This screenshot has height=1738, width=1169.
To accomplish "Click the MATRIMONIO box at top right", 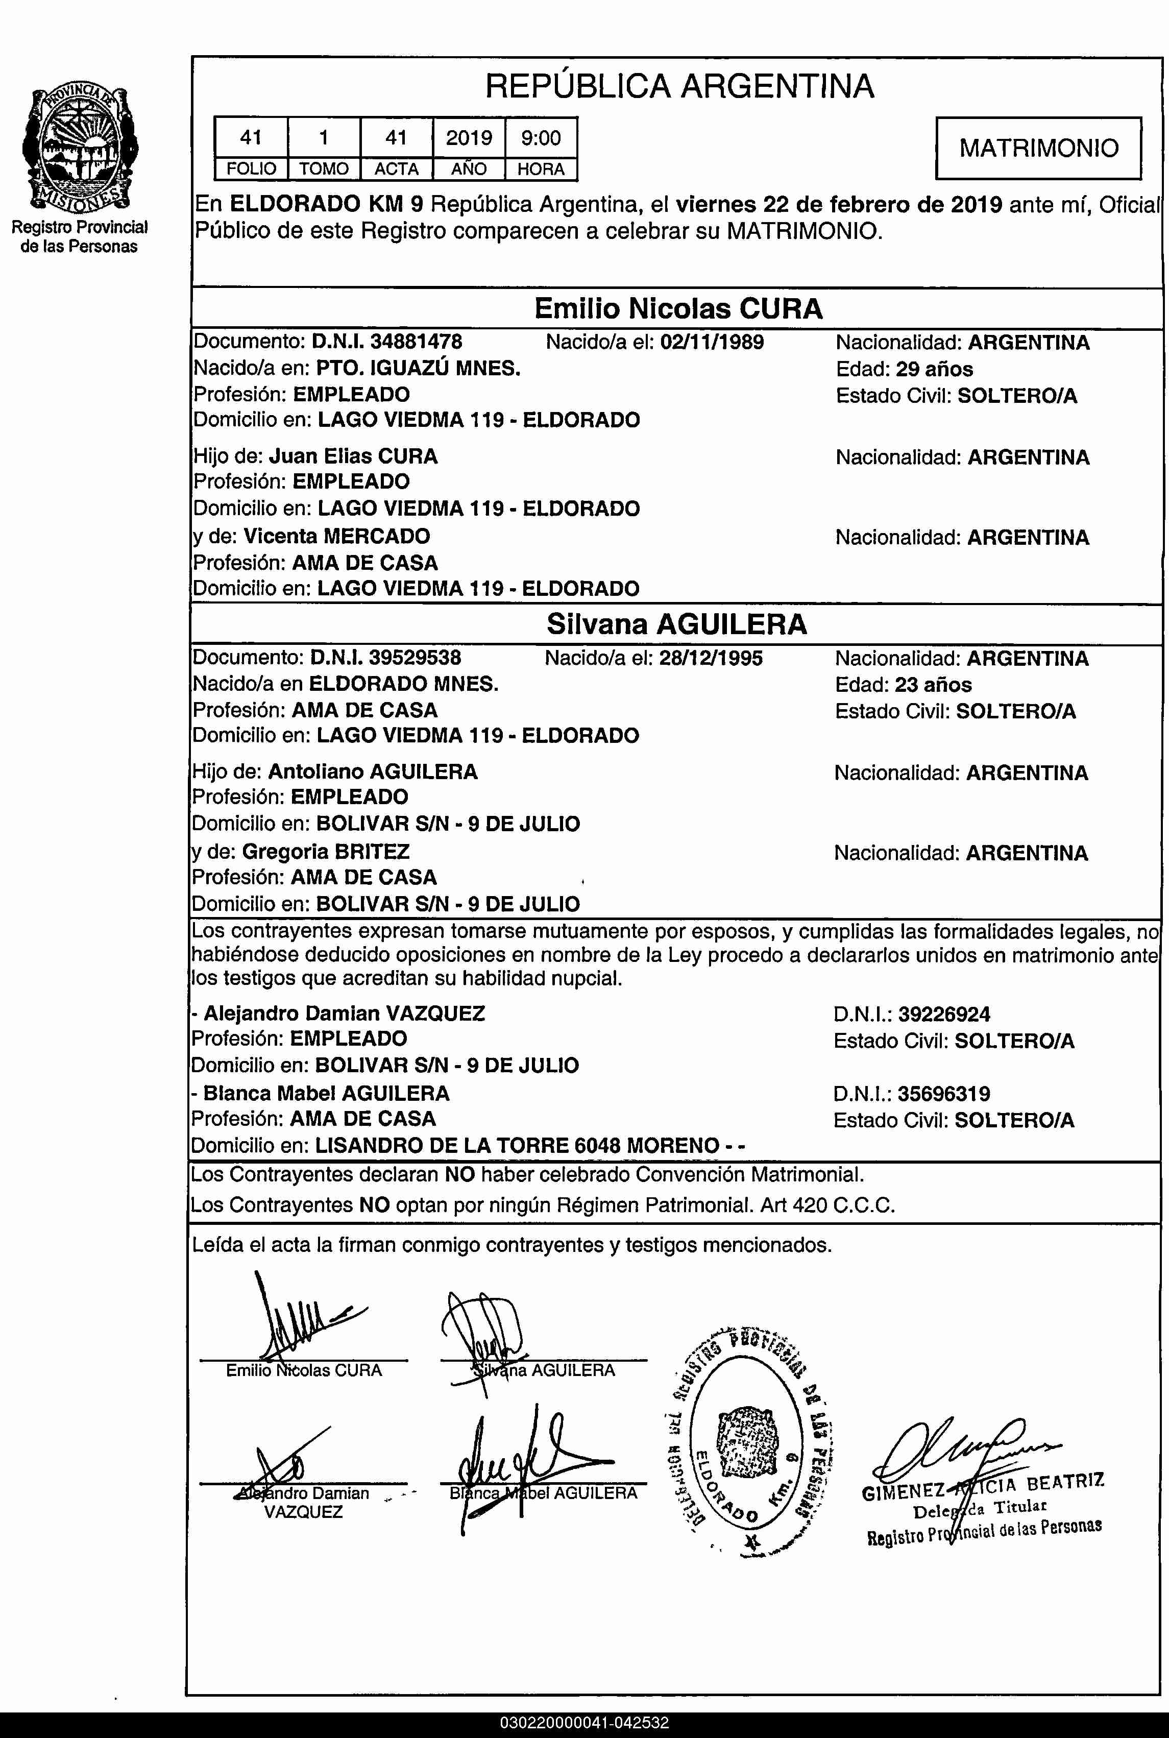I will coord(1038,148).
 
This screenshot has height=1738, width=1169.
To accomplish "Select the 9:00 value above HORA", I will coord(541,138).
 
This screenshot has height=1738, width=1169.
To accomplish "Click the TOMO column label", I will coord(324,169).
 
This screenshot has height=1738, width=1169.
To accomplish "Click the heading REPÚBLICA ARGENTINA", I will coord(679,86).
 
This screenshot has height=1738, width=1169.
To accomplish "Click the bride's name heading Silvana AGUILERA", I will coord(676,624).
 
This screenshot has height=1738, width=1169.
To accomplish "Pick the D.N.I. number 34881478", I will coord(416,342).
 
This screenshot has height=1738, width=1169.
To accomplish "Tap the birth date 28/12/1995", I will coord(711,658).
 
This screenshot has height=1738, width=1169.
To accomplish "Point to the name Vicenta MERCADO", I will coord(336,536).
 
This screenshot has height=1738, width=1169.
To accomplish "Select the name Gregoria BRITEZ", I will coord(325,852).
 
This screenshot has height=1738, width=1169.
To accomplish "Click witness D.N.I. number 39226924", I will coord(944,1014).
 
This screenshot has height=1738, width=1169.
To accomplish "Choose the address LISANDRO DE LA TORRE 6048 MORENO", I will coord(517,1145).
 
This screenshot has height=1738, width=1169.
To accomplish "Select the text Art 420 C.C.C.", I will coord(827,1205).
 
